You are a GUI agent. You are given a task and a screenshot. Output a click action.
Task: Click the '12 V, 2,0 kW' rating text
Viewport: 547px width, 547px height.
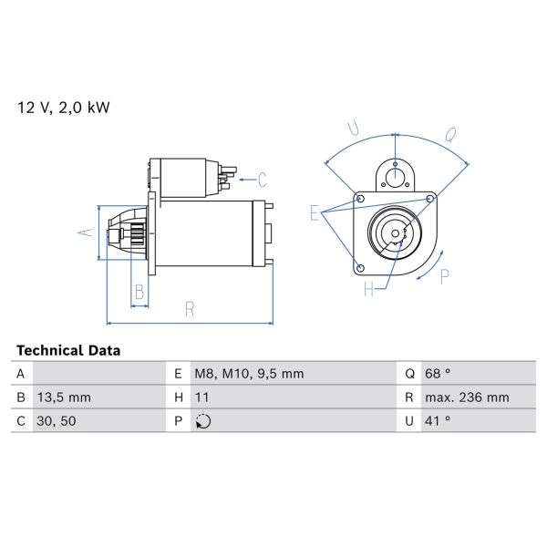point(63,108)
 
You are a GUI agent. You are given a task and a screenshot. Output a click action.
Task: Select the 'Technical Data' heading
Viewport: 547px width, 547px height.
point(68,350)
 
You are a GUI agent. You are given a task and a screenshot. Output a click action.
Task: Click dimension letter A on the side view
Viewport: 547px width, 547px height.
point(86,232)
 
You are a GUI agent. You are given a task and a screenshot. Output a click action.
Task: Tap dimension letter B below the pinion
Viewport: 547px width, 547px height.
point(139,292)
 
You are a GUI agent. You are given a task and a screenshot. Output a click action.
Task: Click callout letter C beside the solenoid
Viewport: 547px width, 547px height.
point(262,178)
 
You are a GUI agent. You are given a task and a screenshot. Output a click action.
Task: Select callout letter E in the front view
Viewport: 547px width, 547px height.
point(315,213)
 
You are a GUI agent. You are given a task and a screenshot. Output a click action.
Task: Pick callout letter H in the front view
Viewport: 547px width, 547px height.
point(369,290)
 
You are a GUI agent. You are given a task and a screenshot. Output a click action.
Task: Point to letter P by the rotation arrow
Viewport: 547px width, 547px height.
point(445,276)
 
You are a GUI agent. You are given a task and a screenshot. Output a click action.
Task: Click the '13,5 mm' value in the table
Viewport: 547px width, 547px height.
point(65,397)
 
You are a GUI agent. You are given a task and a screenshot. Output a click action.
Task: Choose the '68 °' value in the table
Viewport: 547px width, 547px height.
point(439,374)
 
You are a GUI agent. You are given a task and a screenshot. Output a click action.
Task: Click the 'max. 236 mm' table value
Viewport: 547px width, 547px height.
point(468,397)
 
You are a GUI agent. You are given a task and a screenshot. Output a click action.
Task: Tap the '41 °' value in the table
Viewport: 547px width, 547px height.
point(439,421)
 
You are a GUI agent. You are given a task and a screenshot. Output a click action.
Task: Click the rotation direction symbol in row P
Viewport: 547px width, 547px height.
point(202,421)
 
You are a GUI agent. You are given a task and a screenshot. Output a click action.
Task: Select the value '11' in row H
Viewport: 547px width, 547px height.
point(201,397)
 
